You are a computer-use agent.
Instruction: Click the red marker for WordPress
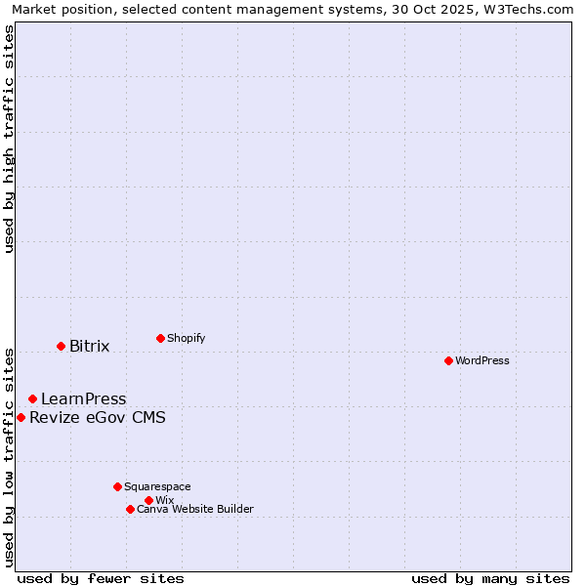pyautogui.click(x=448, y=360)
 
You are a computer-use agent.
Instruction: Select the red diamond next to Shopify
pyautogui.click(x=160, y=338)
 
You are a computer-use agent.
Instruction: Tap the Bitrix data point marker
pyautogui.click(x=61, y=346)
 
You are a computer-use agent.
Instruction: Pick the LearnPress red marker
pyautogui.click(x=32, y=398)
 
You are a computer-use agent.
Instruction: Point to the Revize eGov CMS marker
pyautogui.click(x=21, y=417)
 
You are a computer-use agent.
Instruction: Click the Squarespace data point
pyautogui.click(x=117, y=486)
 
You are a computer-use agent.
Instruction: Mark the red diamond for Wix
pyautogui.click(x=148, y=500)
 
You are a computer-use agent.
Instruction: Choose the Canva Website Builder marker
pyautogui.click(x=130, y=509)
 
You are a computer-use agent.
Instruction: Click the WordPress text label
pyautogui.click(x=482, y=360)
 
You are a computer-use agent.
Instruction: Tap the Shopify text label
pyautogui.click(x=186, y=338)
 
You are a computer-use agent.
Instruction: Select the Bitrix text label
pyautogui.click(x=89, y=346)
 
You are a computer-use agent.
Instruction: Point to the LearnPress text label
pyautogui.click(x=83, y=398)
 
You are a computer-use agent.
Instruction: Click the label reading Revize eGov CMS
pyautogui.click(x=98, y=418)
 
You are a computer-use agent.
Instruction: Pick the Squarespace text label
pyautogui.click(x=157, y=486)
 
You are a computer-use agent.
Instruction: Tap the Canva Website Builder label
pyautogui.click(x=195, y=509)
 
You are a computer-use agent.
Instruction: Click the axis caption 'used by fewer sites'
pyautogui.click(x=101, y=579)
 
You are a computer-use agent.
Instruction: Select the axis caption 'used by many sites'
pyautogui.click(x=490, y=579)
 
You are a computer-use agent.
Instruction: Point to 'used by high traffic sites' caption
pyautogui.click(x=10, y=139)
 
